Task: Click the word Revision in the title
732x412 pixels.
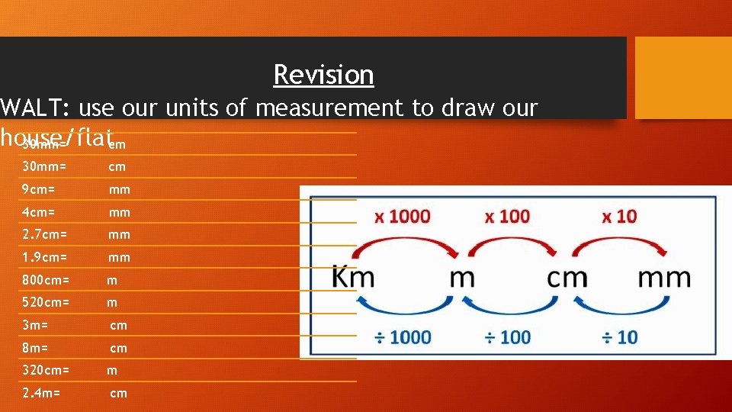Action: tap(323, 75)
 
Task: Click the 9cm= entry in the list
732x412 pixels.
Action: tap(39, 189)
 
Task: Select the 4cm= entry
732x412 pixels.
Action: tap(39, 212)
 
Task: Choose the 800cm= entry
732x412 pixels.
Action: tap(46, 281)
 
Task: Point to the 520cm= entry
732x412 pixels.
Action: tap(46, 303)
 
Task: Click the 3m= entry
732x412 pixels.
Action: tap(36, 326)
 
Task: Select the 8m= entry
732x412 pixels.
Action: tap(36, 349)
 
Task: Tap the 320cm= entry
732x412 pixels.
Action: tap(46, 371)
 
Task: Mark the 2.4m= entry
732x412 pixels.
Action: tap(42, 394)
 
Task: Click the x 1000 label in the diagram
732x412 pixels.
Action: tap(402, 217)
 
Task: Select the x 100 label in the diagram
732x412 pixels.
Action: tap(507, 217)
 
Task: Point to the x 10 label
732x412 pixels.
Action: tap(618, 217)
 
